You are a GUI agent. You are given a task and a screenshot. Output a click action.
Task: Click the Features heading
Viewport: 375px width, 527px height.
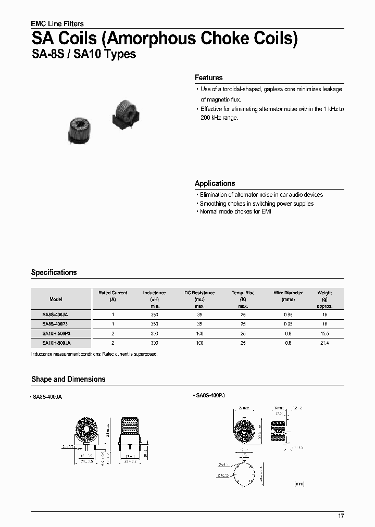[208, 78]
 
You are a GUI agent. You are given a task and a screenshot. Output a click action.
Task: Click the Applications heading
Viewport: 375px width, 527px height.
[215, 183]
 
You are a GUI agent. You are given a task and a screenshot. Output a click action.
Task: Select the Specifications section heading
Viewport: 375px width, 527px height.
[54, 272]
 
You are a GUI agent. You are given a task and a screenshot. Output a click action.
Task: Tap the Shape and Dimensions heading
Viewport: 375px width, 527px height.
[68, 379]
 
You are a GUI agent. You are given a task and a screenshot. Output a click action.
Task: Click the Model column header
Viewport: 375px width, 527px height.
[56, 299]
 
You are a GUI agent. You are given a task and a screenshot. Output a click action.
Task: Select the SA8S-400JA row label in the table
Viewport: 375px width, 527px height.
[56, 315]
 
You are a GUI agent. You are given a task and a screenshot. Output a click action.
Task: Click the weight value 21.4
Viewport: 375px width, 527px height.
[324, 343]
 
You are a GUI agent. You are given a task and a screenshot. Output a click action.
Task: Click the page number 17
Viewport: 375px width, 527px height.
[341, 516]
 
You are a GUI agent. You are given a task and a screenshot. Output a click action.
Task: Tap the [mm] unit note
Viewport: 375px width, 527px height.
[299, 484]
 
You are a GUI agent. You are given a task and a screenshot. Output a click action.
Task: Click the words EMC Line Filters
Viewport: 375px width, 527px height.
[57, 23]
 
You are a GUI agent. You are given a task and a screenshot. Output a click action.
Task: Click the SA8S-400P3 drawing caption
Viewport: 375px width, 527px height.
[210, 396]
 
